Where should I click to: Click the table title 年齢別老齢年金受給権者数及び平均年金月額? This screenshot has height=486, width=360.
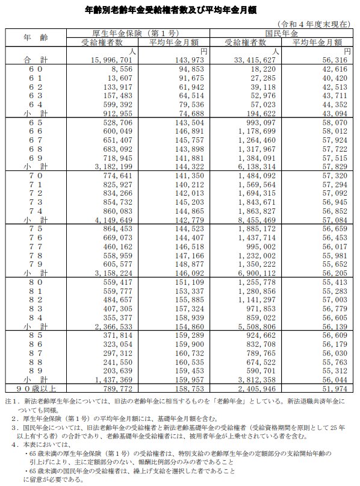(x=179, y=10)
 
